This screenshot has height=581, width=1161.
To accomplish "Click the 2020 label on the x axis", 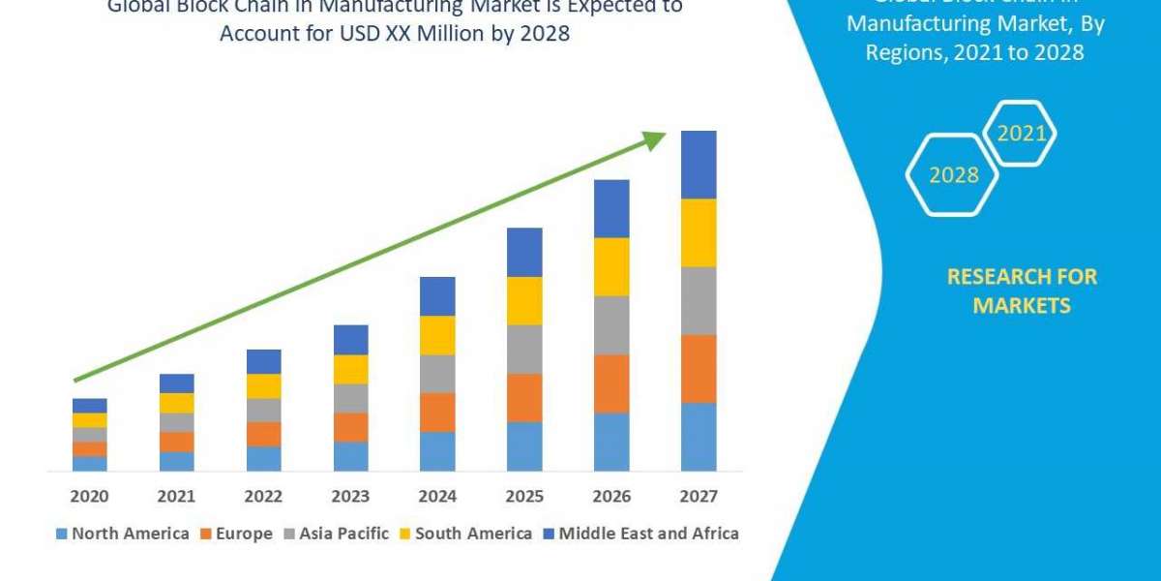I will click(x=89, y=497).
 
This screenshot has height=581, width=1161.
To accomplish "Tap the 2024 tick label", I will click(x=437, y=497).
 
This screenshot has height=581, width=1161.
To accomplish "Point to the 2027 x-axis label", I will click(x=699, y=497).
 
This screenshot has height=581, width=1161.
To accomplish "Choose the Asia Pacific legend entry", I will click(x=336, y=534).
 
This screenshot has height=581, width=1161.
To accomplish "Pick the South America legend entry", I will click(x=465, y=534).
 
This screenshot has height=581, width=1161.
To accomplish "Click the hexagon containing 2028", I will click(x=953, y=174).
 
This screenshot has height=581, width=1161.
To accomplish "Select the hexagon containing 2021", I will click(x=1021, y=134).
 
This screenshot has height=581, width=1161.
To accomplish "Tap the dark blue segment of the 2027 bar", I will click(x=699, y=165).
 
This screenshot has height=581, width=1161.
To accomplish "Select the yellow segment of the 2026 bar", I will click(x=611, y=266).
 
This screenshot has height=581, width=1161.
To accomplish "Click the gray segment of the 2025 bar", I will click(x=524, y=350).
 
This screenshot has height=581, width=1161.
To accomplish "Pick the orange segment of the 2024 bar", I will click(x=437, y=413).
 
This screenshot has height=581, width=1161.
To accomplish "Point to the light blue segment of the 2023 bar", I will click(x=350, y=456).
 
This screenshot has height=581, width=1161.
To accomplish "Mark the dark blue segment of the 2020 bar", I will click(x=89, y=405).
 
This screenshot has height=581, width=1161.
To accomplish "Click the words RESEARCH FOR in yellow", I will click(x=1022, y=277).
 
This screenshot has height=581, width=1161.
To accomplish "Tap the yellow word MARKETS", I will click(x=1022, y=306).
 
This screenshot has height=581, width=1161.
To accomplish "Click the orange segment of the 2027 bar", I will click(x=699, y=369).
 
